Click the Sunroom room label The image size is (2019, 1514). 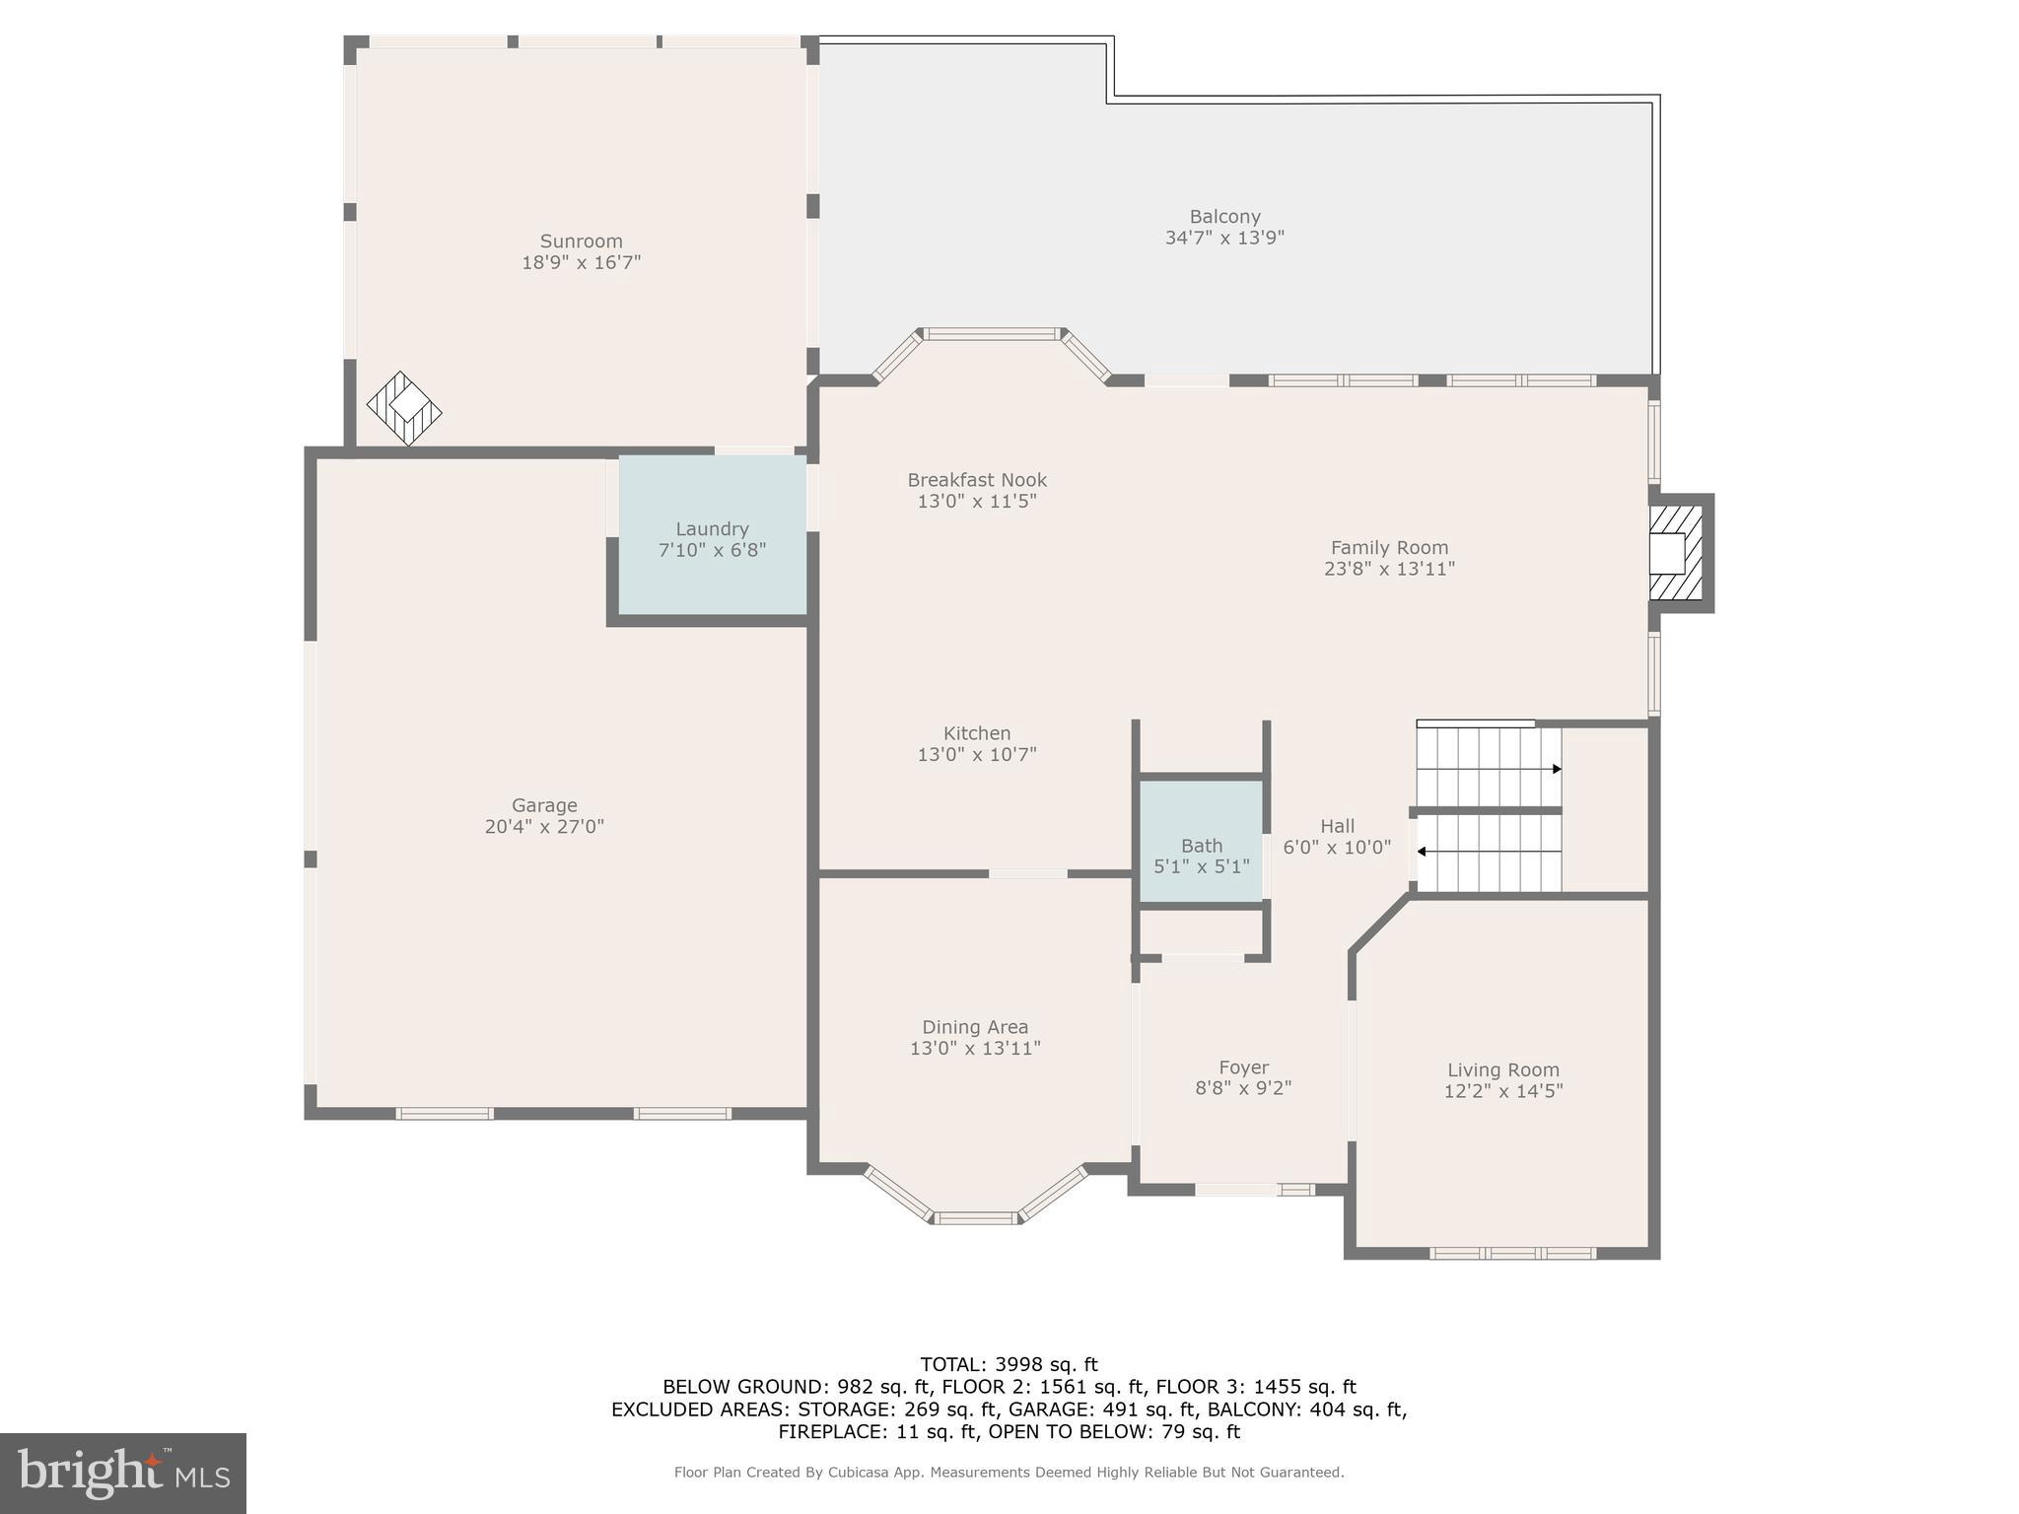581,241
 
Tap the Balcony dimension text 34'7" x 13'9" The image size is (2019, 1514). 1224,239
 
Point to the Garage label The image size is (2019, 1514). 544,805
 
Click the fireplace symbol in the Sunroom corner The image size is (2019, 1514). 404,408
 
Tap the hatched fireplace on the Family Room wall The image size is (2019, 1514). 1675,552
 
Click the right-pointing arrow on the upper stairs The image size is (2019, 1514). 1556,769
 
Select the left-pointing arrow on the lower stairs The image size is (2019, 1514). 1422,851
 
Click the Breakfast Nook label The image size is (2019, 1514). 977,480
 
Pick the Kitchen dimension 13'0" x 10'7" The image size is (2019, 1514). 977,755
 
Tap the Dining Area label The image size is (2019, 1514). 975,1027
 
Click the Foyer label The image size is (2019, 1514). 1243,1067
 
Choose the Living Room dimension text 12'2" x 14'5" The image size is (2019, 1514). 1502,1091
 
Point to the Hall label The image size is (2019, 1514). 1338,826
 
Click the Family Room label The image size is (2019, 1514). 1389,548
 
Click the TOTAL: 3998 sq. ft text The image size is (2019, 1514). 1009,1364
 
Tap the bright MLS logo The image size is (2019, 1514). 123,1474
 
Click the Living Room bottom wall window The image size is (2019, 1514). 1512,1254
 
